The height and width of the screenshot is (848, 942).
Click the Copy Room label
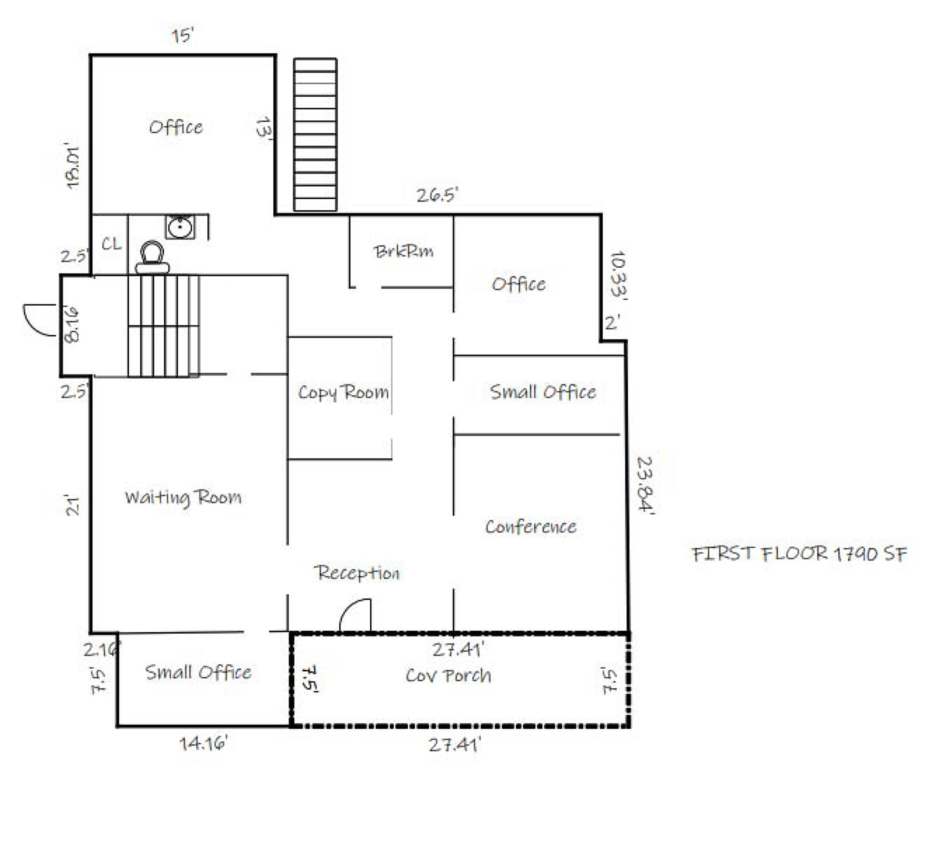click(344, 392)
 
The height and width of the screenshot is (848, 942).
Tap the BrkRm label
click(404, 251)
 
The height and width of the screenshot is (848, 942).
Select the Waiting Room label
click(183, 498)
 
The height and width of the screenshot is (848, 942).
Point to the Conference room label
click(531, 527)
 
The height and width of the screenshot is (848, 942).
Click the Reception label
click(357, 573)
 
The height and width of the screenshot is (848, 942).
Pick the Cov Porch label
click(448, 675)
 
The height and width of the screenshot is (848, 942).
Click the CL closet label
click(112, 244)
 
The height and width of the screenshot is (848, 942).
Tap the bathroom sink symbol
click(180, 227)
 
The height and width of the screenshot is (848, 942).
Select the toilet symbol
click(152, 257)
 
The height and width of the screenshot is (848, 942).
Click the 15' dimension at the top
click(182, 36)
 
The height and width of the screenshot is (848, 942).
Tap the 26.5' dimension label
click(437, 195)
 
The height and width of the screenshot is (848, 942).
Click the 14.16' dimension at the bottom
click(204, 743)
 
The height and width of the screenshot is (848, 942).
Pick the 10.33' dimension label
click(618, 276)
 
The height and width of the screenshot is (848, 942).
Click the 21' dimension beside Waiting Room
click(73, 505)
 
